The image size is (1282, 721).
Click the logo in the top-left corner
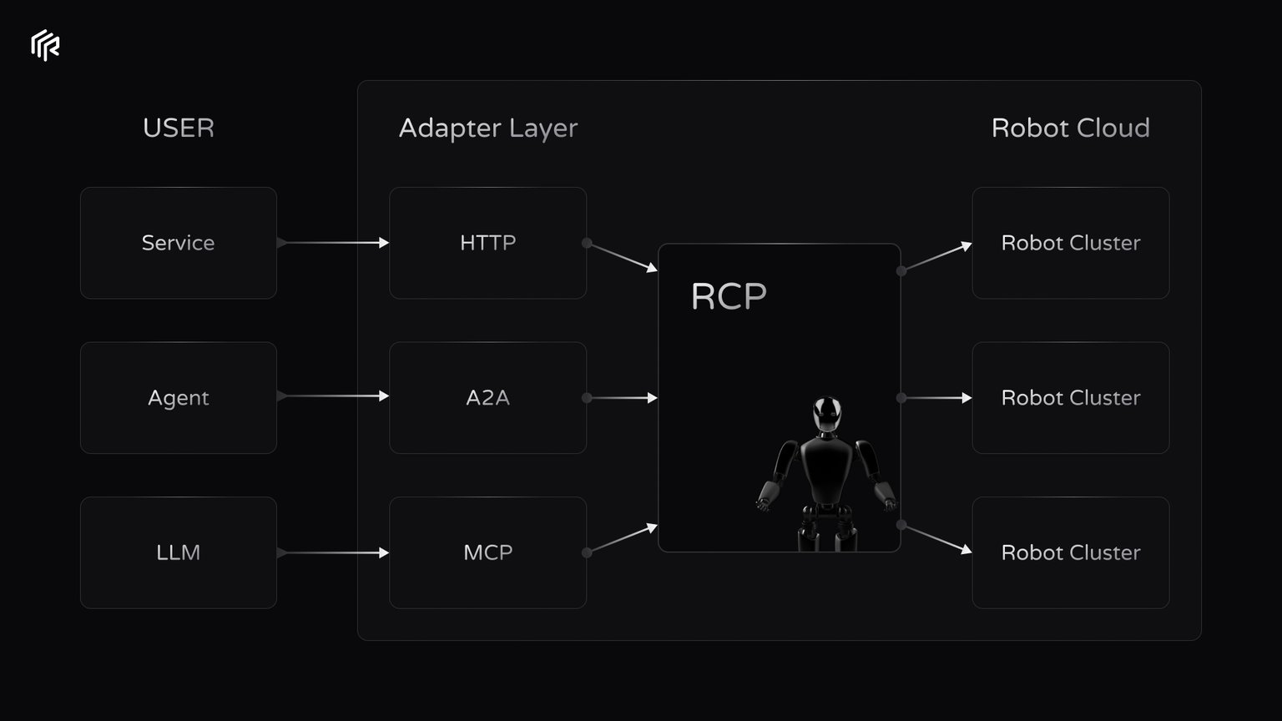[45, 45]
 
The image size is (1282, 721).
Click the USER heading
[179, 128]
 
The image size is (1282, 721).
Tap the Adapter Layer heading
[488, 129]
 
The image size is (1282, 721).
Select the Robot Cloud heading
[1070, 128]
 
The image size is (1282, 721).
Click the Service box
[179, 243]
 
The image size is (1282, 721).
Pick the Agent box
[179, 398]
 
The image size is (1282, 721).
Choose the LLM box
[179, 552]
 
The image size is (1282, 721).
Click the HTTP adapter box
[488, 243]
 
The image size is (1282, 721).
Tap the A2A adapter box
[488, 398]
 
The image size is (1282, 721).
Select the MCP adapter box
[488, 552]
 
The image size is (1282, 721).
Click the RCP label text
[729, 296]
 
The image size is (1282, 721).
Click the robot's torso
[826, 469]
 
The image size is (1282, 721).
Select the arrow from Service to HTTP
[333, 243]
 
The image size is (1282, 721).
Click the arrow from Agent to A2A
[333, 396]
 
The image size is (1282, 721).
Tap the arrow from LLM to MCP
[333, 552]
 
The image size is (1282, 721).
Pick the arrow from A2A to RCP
[622, 398]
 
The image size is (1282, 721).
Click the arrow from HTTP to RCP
[622, 257]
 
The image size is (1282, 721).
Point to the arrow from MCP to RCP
[622, 538]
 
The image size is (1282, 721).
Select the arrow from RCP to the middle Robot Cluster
[936, 398]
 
